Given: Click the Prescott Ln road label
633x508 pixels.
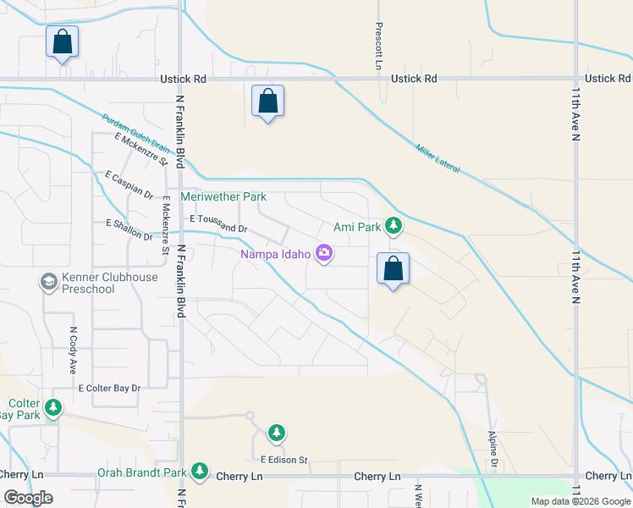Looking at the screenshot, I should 379,46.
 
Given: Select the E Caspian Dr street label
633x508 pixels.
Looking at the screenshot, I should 129,185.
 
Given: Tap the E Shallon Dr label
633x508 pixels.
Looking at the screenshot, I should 128,229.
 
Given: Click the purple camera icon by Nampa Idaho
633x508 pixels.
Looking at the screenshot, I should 323,253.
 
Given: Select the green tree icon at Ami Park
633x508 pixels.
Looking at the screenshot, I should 393,226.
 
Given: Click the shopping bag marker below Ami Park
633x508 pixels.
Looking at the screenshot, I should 393,268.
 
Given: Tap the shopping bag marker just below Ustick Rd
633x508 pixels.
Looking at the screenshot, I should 267,101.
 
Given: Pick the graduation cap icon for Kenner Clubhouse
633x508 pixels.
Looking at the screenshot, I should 48,280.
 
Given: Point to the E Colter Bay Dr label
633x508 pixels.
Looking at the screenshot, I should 109,388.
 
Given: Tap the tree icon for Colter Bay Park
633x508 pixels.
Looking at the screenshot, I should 54,409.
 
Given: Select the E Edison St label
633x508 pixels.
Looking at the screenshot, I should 283,460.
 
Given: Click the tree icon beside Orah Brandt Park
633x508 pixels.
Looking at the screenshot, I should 200,471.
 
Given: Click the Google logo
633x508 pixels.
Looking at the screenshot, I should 28,498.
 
